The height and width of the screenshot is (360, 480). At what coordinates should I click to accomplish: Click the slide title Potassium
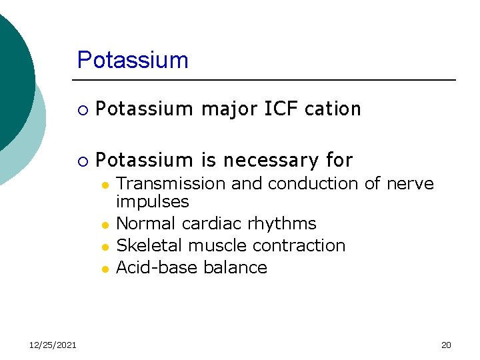point(133,60)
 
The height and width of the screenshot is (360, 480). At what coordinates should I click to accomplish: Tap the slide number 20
point(446,345)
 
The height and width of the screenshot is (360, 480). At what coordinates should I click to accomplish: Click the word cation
point(332,109)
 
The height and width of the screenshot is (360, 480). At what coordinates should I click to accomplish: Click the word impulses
point(153,201)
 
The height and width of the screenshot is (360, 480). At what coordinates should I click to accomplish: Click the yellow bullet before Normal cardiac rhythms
point(105,225)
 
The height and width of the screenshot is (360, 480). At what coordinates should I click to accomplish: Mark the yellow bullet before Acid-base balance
point(105,269)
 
